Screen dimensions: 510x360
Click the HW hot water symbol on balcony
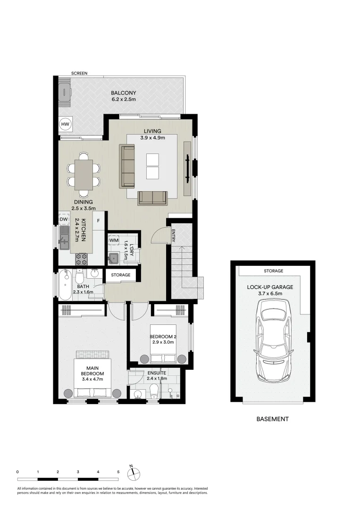pos(65,124)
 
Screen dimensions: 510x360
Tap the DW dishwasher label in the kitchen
pos(64,220)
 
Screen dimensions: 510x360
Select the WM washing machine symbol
pos(113,240)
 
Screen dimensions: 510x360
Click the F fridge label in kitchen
pos(99,220)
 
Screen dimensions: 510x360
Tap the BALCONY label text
pos(123,93)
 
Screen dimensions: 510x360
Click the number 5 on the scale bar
pos(118,471)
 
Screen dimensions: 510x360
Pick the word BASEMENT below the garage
pos(272,419)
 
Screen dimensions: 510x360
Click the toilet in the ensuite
pos(153,390)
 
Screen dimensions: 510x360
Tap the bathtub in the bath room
pos(65,285)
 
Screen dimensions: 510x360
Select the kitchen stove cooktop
pos(82,258)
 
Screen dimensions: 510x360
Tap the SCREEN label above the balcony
pos(79,73)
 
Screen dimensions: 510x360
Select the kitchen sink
pos(64,238)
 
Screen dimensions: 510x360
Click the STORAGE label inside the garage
pos(274,271)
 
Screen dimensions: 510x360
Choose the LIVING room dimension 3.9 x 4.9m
pos(151,138)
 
